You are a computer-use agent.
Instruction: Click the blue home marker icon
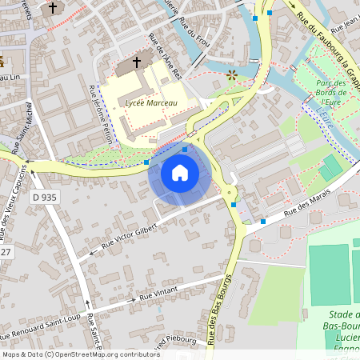(180, 172)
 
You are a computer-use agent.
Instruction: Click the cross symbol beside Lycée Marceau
(137, 62)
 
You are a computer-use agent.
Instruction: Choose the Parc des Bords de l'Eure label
(330, 92)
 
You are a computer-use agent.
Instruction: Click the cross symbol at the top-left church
(53, 8)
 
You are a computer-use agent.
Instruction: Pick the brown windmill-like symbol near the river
(232, 75)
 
